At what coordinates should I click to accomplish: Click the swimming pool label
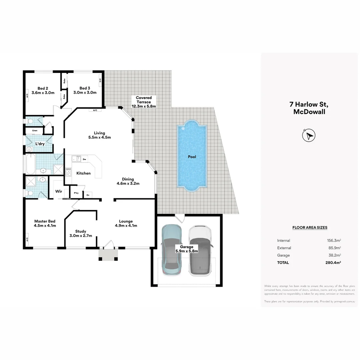click(192, 157)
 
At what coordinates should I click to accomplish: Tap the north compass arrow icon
click(309, 135)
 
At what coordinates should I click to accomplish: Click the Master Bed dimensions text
click(45, 226)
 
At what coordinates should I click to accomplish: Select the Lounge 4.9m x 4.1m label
click(126, 223)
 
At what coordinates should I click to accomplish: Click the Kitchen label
click(83, 173)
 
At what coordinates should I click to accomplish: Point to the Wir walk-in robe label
click(59, 191)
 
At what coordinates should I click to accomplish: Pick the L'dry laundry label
click(40, 144)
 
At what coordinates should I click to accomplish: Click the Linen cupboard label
click(35, 130)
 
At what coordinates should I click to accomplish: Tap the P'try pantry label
click(76, 193)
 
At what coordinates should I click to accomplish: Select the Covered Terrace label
click(144, 102)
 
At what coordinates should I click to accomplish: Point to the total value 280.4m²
click(334, 263)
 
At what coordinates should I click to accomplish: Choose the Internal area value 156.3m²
click(334, 240)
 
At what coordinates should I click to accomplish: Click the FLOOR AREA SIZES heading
click(310, 228)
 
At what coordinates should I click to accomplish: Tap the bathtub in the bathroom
click(30, 164)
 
